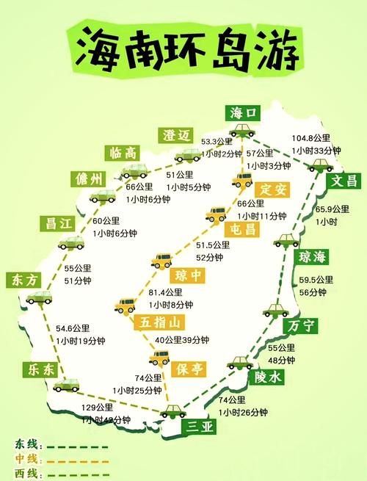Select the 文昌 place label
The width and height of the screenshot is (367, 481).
point(344,180)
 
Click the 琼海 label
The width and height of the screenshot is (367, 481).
point(313,256)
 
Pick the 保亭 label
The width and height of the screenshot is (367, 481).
point(190,369)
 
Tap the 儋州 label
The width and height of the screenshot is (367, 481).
point(90,178)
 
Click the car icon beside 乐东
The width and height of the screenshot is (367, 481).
point(67,384)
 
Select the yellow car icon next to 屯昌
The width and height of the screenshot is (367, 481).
point(216,214)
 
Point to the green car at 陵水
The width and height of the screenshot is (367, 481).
point(239,362)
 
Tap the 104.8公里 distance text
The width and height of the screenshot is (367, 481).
point(311,137)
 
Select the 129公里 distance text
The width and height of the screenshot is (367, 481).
point(97,408)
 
